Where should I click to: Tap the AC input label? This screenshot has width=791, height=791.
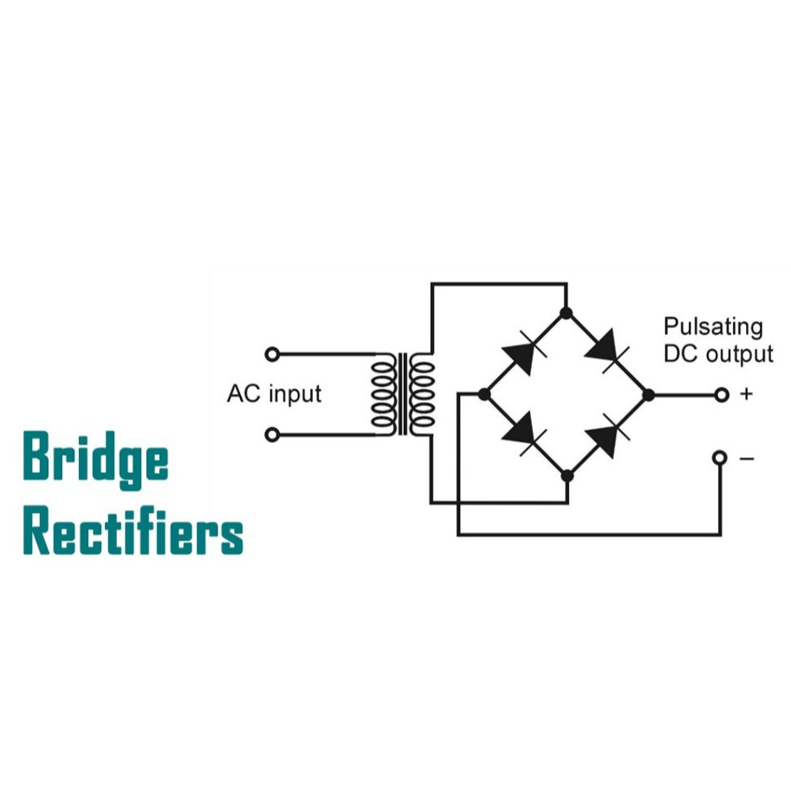(274, 394)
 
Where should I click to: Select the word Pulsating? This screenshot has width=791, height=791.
(713, 327)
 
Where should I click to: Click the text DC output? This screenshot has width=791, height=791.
(717, 353)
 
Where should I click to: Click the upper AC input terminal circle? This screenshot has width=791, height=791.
(272, 353)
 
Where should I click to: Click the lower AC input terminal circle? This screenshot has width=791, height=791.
(272, 434)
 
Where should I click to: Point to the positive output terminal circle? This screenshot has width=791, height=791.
(720, 395)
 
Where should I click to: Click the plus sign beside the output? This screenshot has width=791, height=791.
(746, 395)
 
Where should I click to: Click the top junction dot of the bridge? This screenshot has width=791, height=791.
(567, 312)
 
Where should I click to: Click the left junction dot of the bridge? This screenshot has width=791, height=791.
(484, 395)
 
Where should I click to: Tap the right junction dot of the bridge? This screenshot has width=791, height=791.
(647, 395)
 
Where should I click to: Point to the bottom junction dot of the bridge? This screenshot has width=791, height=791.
(567, 476)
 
